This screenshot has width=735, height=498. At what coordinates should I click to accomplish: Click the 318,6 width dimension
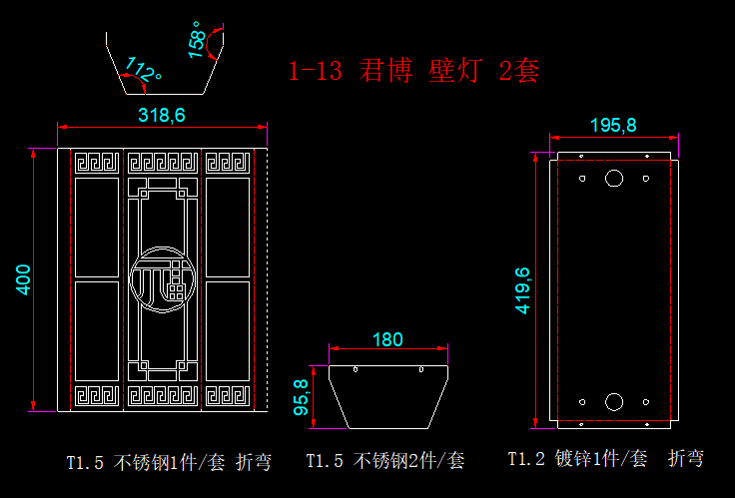pos(162,115)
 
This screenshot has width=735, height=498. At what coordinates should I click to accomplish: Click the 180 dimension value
pos(387,339)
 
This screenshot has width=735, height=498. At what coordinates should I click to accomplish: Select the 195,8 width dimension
pos(613,125)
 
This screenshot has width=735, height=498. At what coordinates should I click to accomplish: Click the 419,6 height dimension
pos(522,290)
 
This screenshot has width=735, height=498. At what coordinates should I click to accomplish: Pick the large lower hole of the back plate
pos(614,402)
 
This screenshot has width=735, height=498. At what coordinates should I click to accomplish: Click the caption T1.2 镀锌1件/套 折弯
pos(605,459)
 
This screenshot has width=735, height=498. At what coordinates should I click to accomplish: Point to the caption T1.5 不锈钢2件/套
pos(384,461)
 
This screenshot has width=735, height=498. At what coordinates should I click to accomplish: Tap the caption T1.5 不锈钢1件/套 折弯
pos(167,462)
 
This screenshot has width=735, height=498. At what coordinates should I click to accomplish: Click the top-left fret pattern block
pos(96,163)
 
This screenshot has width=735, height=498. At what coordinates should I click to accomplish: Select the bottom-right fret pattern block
pos(228,397)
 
